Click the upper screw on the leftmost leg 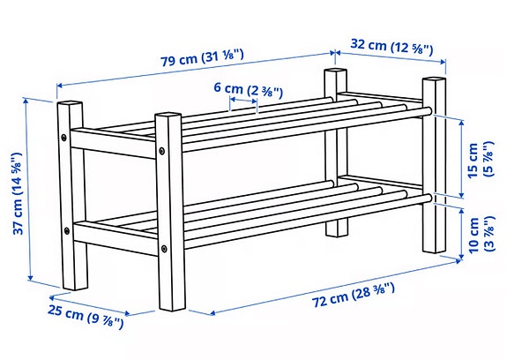pos(64,138)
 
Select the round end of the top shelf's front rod pos(427,112)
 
